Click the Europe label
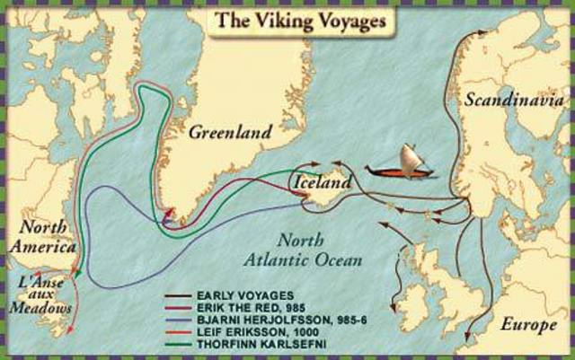pyautogui.click(x=529, y=324)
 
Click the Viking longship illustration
pyautogui.click(x=401, y=164)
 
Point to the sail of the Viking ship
pyautogui.click(x=411, y=156)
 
